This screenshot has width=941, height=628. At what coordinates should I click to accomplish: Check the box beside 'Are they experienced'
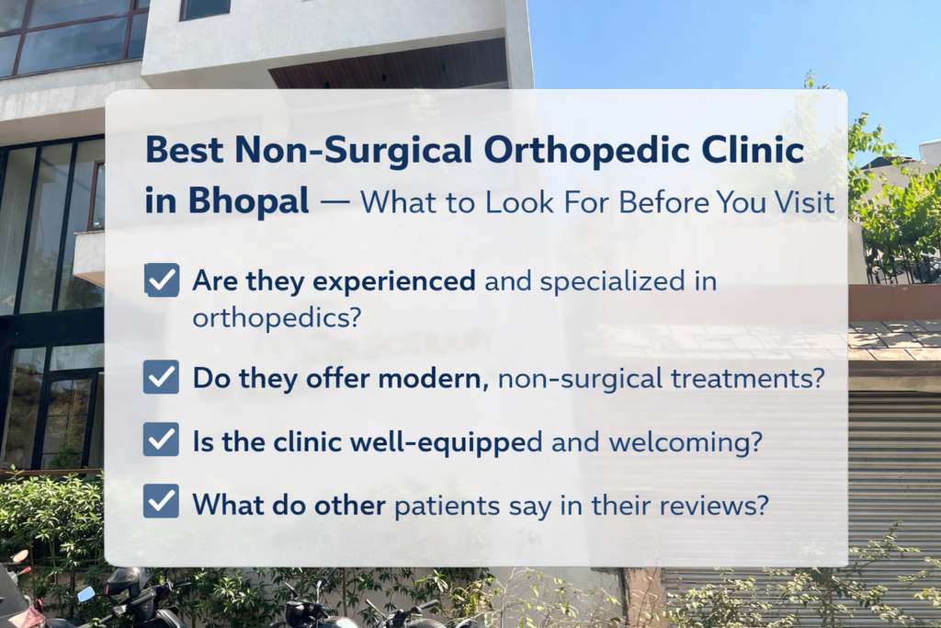(162, 280)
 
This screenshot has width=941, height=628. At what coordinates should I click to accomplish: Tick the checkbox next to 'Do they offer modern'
(162, 377)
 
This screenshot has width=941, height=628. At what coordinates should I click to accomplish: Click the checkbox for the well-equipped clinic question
(162, 440)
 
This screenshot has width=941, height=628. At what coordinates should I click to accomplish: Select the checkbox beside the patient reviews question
(162, 502)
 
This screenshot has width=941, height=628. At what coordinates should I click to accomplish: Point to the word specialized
(612, 281)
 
